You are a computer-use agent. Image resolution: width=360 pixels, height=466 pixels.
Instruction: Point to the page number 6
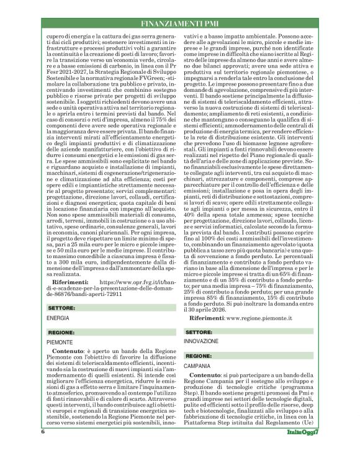click(x=43, y=448)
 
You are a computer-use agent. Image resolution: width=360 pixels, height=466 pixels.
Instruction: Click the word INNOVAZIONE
click(x=201, y=343)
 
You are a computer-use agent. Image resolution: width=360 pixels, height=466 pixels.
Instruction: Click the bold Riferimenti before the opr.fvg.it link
click(x=75, y=281)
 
